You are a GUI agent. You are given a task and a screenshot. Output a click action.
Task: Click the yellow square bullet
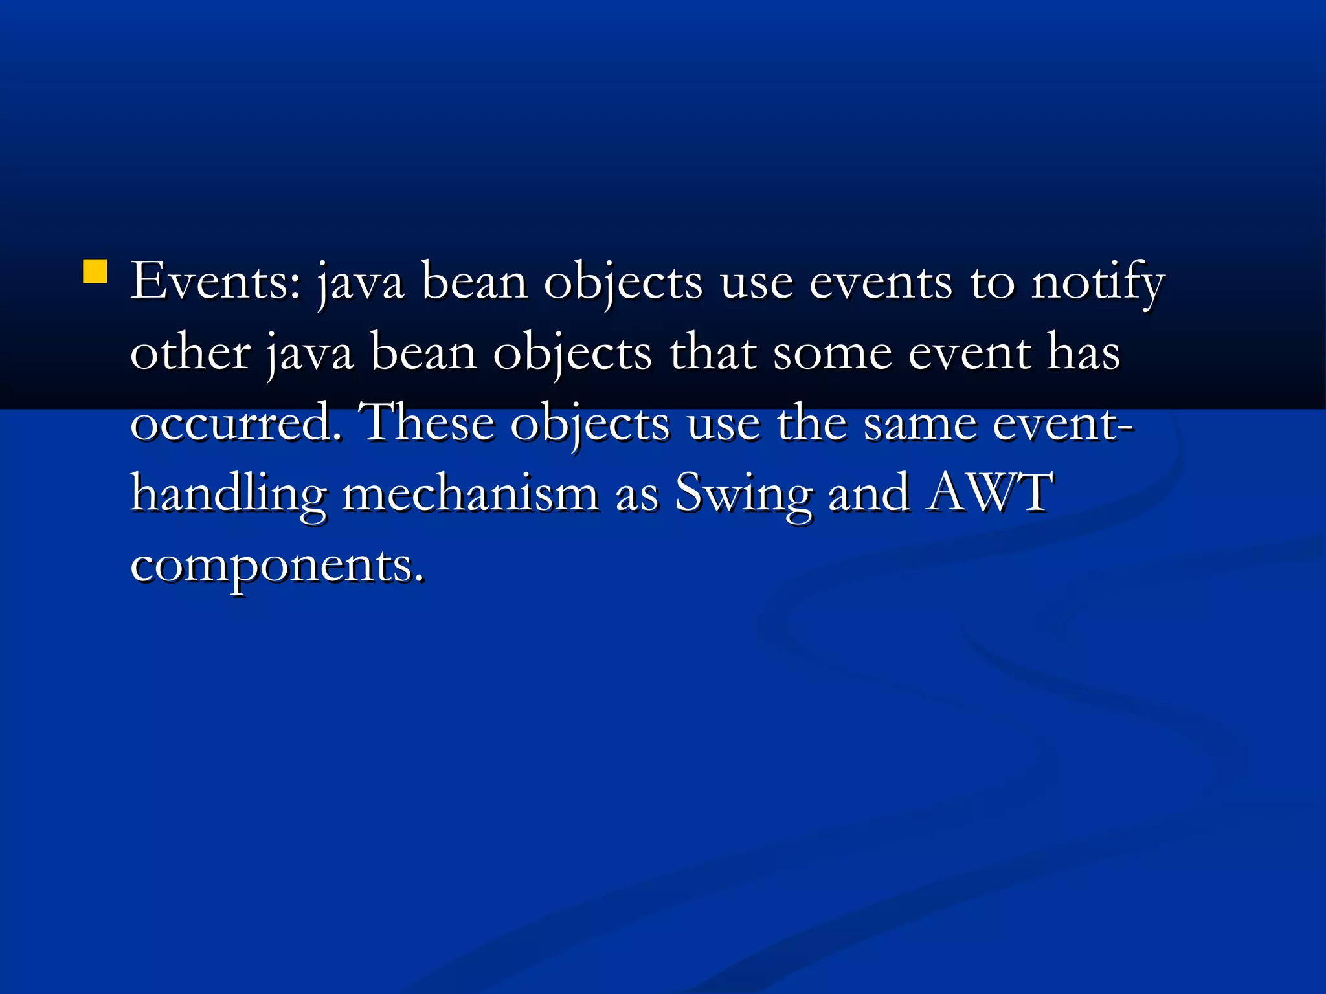coord(95,272)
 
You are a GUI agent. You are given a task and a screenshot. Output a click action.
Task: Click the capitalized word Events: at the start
coord(216,282)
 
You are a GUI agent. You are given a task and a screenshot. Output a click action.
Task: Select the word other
coord(190,353)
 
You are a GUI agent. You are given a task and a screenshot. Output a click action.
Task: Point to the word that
coord(713,353)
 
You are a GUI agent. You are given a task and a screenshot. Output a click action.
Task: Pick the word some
coord(833,355)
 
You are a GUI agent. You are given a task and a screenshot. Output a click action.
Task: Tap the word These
coord(429,423)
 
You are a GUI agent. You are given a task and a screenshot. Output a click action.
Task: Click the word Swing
coord(743,496)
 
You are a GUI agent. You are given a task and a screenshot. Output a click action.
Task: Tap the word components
coord(278,567)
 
